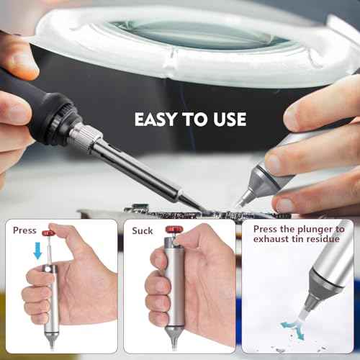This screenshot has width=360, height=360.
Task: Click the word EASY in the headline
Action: pyautogui.click(x=157, y=119)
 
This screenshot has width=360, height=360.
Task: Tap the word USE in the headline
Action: pyautogui.click(x=227, y=119)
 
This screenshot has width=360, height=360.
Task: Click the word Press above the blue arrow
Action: pyautogui.click(x=25, y=230)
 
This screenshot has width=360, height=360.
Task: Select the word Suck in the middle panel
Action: pyautogui.click(x=143, y=230)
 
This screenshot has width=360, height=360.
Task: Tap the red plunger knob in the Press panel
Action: pyautogui.click(x=49, y=233)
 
